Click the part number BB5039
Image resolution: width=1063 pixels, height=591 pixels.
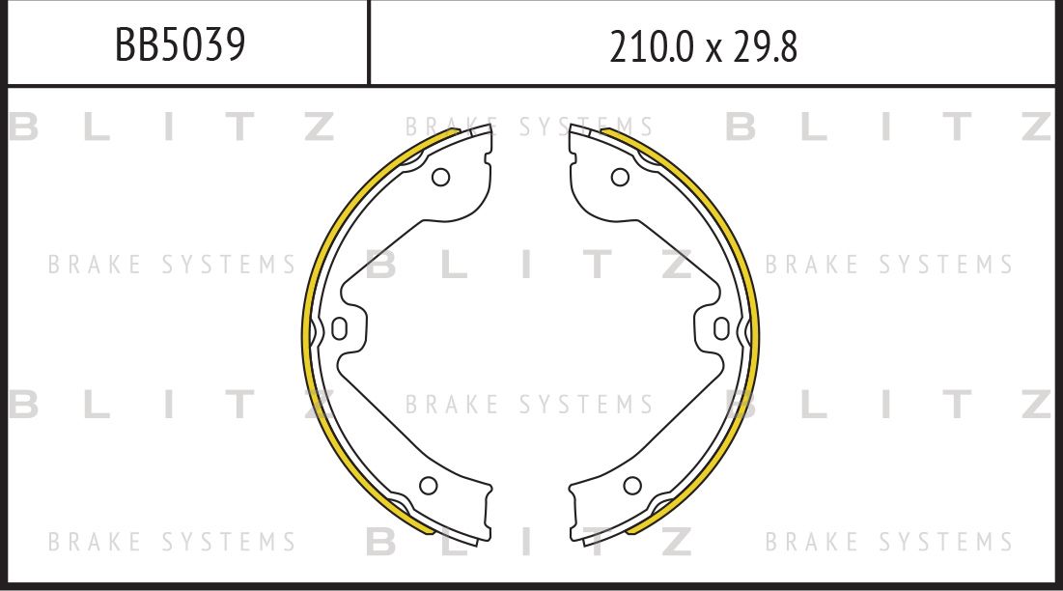pyautogui.click(x=180, y=44)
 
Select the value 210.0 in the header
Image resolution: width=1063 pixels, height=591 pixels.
pyautogui.click(x=651, y=45)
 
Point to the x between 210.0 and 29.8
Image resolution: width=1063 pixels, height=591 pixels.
pyautogui.click(x=713, y=49)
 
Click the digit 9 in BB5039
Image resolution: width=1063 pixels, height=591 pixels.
pyautogui.click(x=232, y=44)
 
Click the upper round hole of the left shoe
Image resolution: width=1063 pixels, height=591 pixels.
pyautogui.click(x=440, y=177)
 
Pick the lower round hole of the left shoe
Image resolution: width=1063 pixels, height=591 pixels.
pyautogui.click(x=429, y=485)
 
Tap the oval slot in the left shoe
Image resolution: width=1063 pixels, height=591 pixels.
pyautogui.click(x=339, y=329)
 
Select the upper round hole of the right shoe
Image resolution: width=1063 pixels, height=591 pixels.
pyautogui.click(x=620, y=177)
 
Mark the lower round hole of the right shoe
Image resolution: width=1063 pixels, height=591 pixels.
pyautogui.click(x=632, y=485)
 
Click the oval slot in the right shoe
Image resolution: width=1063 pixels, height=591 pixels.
pyautogui.click(x=722, y=329)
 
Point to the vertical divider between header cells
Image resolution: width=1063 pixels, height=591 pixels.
pyautogui.click(x=369, y=42)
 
